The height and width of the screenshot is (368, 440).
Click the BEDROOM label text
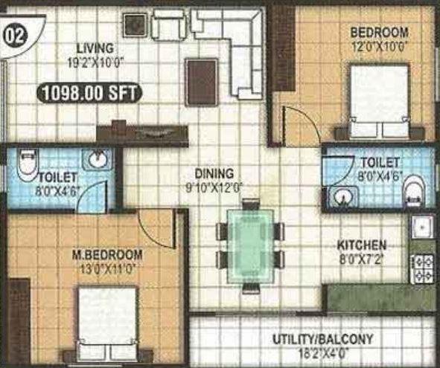click(380, 32)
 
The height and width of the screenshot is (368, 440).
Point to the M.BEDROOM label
click(107, 255)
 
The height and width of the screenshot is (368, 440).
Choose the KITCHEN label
click(363, 245)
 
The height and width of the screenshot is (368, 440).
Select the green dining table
click(249, 245)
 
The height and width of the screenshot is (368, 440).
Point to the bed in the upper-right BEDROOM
click(380, 101)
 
